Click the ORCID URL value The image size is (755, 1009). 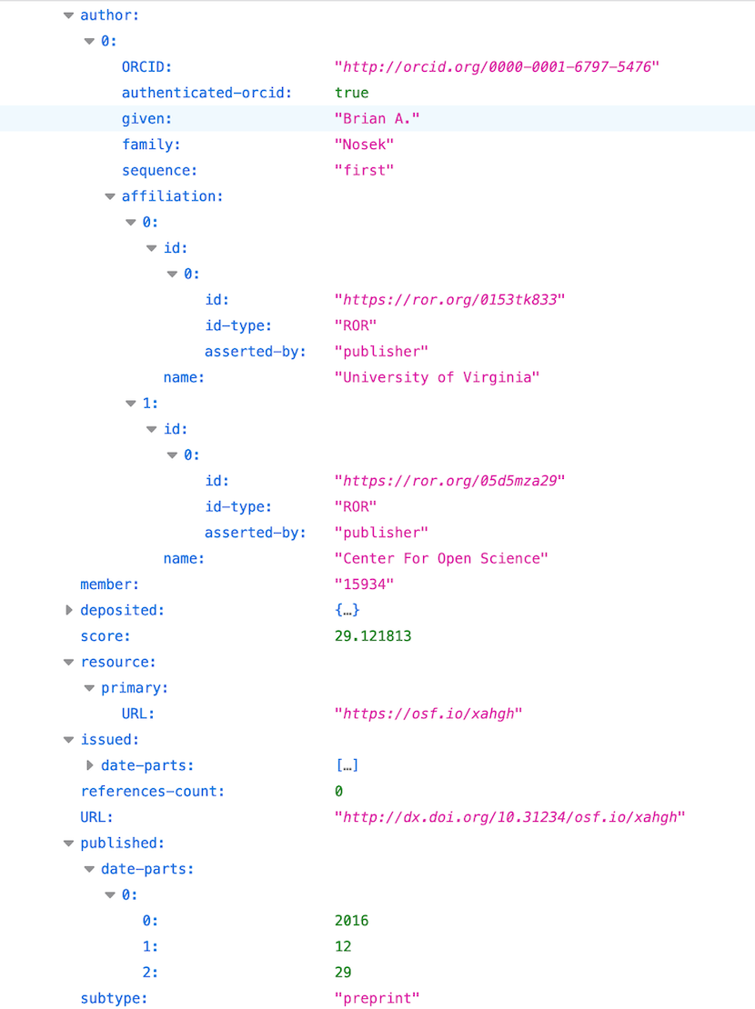tap(497, 67)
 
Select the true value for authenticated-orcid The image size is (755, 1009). tap(352, 93)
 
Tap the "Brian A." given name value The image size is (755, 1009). tap(377, 118)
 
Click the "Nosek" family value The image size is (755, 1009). tap(364, 145)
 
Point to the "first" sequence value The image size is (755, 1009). tap(364, 171)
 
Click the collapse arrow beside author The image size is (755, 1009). tap(69, 15)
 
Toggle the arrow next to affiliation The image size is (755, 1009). tap(110, 196)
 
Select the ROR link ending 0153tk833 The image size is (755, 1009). tap(449, 300)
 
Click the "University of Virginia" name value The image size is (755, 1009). tap(437, 377)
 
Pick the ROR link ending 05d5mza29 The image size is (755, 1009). tap(449, 481)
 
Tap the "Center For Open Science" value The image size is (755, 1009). tap(441, 558)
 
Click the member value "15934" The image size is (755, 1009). tap(364, 584)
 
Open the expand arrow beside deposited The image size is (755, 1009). tap(69, 610)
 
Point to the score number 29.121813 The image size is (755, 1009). tap(373, 635)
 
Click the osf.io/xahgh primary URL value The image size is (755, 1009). tap(428, 714)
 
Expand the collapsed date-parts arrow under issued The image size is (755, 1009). tap(89, 765)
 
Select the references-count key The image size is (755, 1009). tap(153, 792)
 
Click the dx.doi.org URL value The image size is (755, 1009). tap(509, 817)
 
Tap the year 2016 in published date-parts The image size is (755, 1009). tap(352, 921)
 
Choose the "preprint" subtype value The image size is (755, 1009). tap(377, 998)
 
